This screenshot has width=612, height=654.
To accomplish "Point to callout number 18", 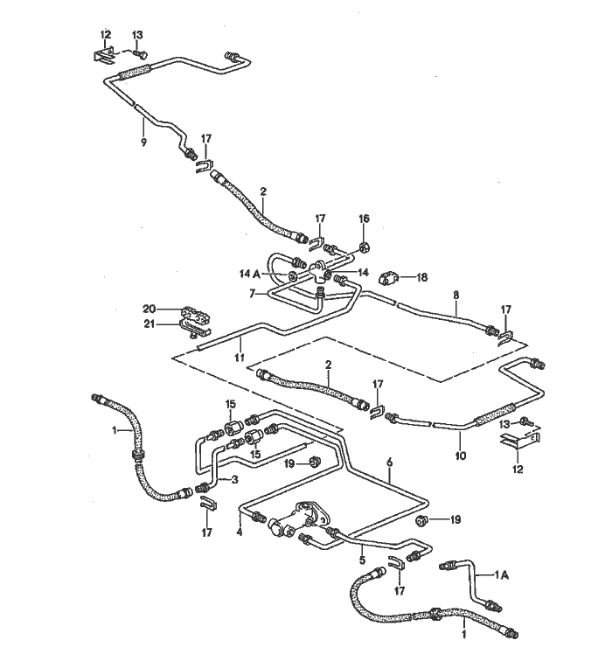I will pyautogui.click(x=421, y=277).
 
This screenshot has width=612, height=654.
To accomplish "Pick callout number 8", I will pyautogui.click(x=456, y=296).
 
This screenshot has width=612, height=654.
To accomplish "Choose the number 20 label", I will pyautogui.click(x=150, y=309).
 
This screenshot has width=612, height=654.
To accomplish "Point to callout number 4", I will pyautogui.click(x=240, y=530).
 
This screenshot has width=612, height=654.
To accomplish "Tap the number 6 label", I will pyautogui.click(x=390, y=462).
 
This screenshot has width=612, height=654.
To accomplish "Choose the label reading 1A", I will pyautogui.click(x=502, y=574).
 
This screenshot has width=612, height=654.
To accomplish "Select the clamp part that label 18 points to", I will pyautogui.click(x=393, y=277).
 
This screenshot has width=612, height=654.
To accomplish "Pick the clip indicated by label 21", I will pyautogui.click(x=194, y=328).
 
